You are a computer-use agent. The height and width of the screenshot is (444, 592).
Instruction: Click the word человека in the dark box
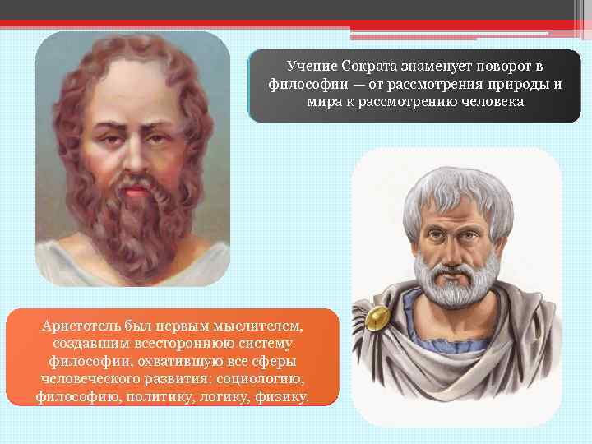[488, 103]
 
